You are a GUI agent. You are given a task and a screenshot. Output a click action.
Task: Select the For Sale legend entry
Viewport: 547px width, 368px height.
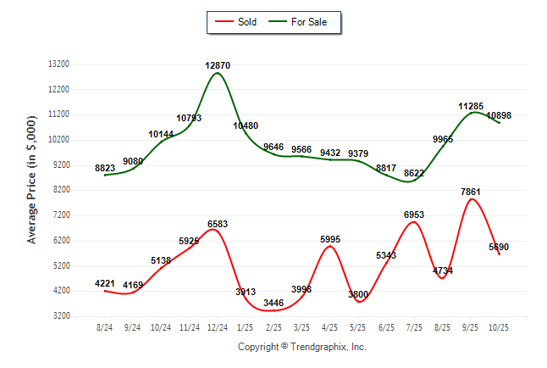point(302,21)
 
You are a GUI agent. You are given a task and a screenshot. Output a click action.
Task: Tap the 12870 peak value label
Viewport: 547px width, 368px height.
point(218,65)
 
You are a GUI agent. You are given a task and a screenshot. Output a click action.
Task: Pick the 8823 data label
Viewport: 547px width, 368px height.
point(105,168)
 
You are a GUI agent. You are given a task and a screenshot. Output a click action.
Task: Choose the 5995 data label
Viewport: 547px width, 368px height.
point(330,239)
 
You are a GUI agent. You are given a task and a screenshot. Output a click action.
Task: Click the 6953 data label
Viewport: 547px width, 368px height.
point(415,215)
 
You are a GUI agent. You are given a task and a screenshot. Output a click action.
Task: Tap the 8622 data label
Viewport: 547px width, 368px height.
point(415,173)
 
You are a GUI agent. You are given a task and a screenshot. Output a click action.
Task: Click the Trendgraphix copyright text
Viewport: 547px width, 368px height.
point(301,347)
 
